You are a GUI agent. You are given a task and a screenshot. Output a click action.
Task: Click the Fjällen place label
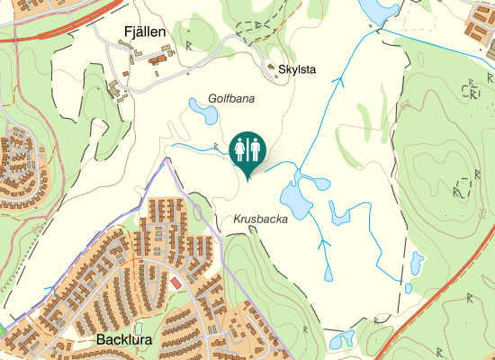[x=143, y=33]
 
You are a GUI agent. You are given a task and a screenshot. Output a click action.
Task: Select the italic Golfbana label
[x=231, y=98]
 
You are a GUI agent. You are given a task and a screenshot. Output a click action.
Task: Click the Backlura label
[x=123, y=341]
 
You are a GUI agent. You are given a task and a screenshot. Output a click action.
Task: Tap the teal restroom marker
[x=247, y=151]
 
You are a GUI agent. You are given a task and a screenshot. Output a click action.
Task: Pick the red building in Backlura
[x=175, y=283]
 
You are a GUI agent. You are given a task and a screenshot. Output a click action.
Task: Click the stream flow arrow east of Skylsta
[x=339, y=81]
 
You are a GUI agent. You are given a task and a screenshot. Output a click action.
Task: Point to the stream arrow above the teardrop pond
[x=322, y=241]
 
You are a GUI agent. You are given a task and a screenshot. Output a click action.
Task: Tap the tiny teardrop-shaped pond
[x=327, y=272]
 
